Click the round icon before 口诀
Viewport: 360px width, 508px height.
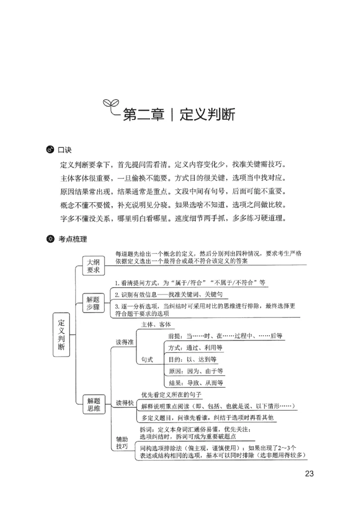tap(50, 149)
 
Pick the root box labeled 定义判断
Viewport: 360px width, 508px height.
tap(62, 335)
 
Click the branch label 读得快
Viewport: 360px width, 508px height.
tap(125, 402)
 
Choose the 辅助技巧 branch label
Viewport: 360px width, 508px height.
tap(122, 442)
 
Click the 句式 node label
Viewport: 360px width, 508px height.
tap(147, 360)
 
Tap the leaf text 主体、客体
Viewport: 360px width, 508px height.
tap(156, 324)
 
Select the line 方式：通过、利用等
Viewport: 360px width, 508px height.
tap(195, 348)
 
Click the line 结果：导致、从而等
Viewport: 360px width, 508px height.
tap(195, 383)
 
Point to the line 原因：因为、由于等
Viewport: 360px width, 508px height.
tap(195, 371)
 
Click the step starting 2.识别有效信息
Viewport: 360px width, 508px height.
tap(168, 295)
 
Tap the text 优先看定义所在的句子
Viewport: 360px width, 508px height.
tap(171, 395)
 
